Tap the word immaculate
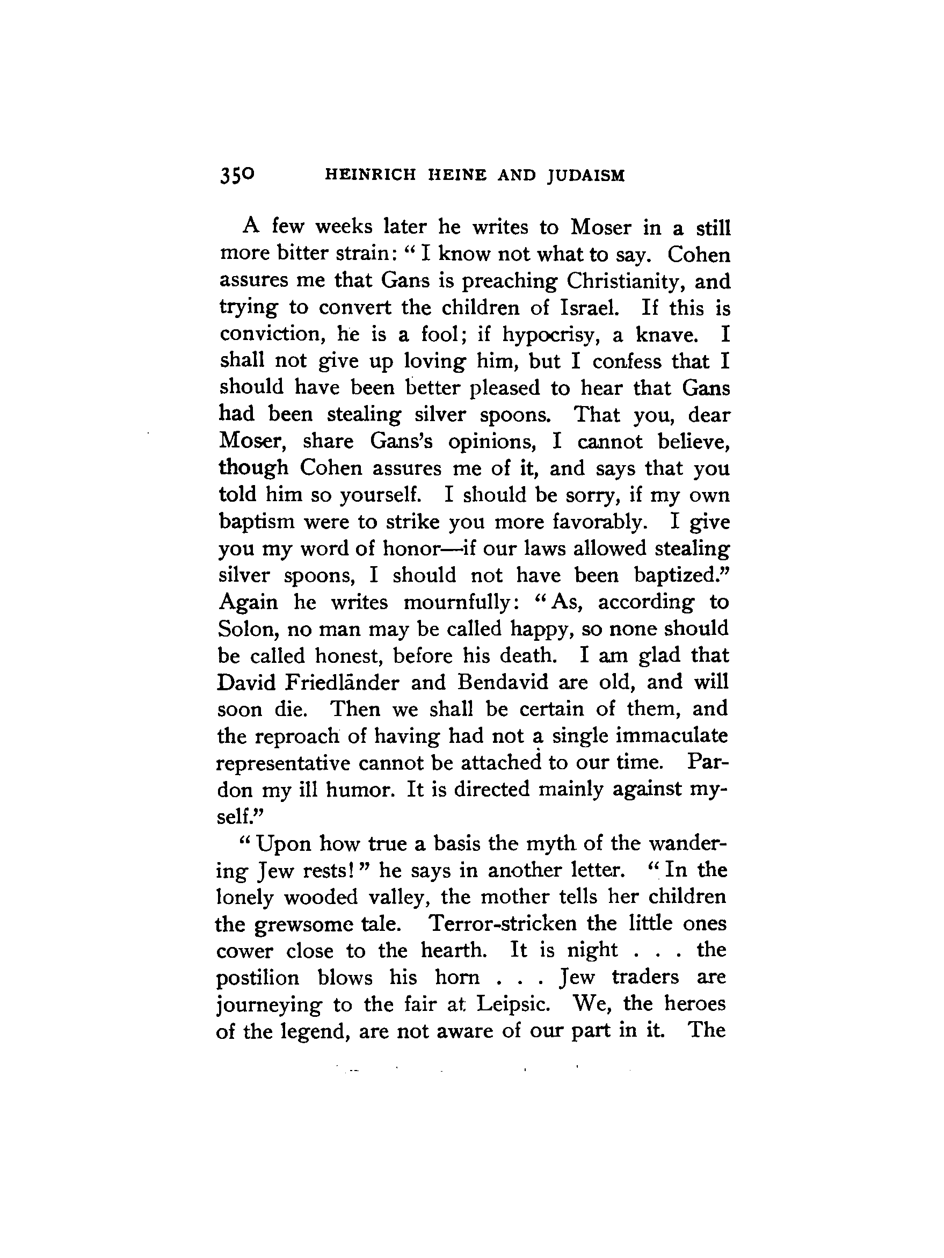(672, 736)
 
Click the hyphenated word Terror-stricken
(503, 923)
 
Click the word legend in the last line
(310, 1030)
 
